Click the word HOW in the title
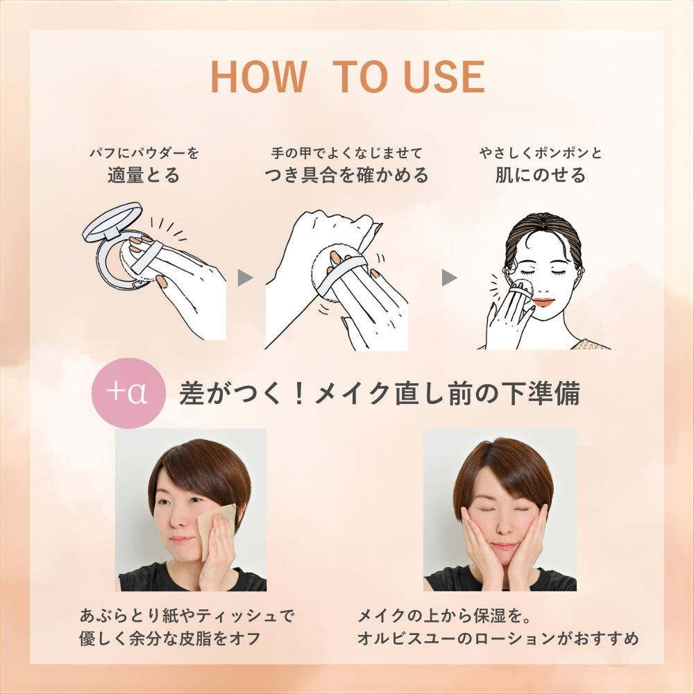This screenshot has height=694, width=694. point(259,76)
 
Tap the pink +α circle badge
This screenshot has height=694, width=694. point(128,393)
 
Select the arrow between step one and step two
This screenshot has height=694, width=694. point(245,278)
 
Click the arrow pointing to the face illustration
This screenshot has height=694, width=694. point(449,278)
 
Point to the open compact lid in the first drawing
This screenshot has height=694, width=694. point(113,222)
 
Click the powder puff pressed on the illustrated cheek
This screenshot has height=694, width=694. point(523,289)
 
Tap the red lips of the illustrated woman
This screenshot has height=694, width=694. point(543,303)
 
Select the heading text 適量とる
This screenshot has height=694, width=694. point(144,176)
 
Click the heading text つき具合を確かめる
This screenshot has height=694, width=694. point(346,176)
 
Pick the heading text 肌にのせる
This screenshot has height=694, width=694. point(541,176)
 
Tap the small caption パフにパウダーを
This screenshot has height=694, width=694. point(144,153)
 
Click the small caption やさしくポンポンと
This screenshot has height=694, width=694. point(541,153)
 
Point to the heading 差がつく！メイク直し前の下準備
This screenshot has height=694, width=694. point(380,393)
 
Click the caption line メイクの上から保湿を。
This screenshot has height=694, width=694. point(444,616)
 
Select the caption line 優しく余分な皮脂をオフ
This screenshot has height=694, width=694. point(170,638)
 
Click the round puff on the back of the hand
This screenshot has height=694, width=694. point(339,274)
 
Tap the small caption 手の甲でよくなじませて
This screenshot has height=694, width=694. point(346,153)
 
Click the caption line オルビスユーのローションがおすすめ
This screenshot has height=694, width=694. point(498,638)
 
